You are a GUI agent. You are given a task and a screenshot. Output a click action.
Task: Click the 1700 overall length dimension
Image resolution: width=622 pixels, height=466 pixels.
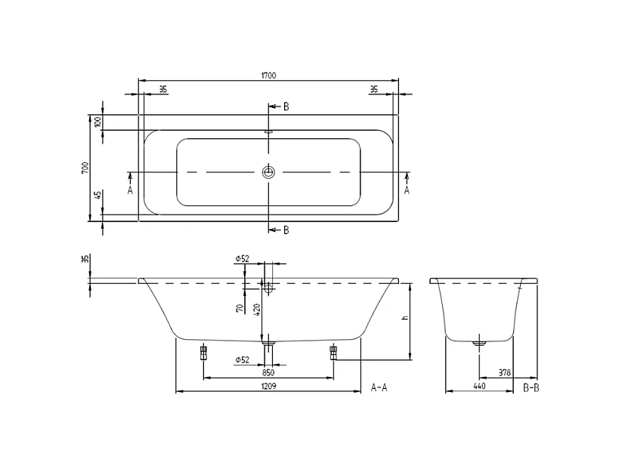pos(268,75)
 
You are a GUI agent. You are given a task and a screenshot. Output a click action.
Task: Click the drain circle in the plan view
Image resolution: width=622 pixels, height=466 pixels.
pos(268,172)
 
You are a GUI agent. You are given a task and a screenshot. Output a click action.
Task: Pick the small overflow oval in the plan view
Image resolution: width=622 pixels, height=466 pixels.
pos(268,132)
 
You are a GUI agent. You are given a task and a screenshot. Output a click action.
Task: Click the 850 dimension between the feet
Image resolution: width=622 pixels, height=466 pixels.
pos(268,372)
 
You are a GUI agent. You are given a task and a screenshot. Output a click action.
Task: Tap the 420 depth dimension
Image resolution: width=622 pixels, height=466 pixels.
pos(257,309)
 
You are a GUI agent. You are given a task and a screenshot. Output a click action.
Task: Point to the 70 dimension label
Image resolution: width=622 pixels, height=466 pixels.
pos(240,308)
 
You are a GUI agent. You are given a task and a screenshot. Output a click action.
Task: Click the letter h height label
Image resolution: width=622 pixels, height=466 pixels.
pos(405,318)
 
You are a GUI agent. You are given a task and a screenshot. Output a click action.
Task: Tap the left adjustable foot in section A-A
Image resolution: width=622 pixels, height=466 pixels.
pos(203,351)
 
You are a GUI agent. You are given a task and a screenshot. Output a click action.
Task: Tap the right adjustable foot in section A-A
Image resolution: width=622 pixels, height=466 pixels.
pos(333,351)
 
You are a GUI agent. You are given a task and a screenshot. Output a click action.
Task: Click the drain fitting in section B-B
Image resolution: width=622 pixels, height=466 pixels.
pos(478,343)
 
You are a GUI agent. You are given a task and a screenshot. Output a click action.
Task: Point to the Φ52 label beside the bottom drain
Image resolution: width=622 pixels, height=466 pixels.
pos(242,360)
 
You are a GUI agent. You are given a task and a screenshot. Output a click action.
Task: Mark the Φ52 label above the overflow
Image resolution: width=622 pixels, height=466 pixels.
pos(242,258)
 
